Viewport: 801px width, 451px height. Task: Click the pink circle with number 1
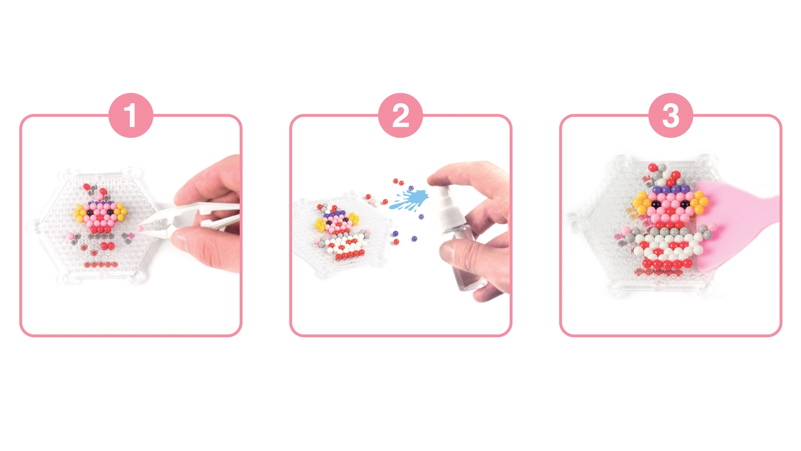coord(131,115)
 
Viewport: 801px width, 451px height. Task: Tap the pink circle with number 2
coord(400,115)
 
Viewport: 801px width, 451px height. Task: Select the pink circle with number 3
coord(671,115)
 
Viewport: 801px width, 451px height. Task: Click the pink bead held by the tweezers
coord(140,228)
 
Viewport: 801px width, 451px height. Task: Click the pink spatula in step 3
coord(733,224)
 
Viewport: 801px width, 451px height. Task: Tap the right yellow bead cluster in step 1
coord(120,210)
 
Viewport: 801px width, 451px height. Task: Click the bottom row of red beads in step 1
coord(101,265)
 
